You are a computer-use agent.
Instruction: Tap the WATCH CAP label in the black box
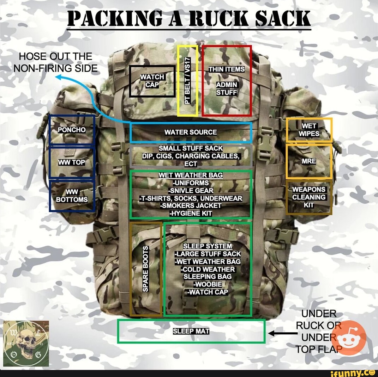[x=152, y=81]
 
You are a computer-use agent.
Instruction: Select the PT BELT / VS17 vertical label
[x=188, y=81]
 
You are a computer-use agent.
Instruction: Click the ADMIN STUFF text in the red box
[x=227, y=88]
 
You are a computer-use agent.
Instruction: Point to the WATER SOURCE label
[x=191, y=132]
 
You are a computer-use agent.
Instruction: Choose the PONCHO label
[x=72, y=130]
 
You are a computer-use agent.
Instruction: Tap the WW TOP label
[x=72, y=162]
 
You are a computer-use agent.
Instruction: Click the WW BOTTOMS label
[x=72, y=196]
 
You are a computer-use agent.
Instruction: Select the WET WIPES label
[x=309, y=130]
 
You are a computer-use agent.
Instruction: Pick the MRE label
[x=309, y=161]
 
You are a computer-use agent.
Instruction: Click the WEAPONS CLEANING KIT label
[x=309, y=197]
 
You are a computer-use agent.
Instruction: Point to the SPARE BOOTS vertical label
[x=145, y=269]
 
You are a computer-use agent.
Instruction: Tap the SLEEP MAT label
[x=191, y=332]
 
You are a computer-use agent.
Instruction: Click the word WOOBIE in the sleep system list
[x=208, y=284]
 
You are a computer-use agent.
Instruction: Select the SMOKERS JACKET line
[x=191, y=206]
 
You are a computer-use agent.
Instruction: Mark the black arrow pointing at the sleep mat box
[x=283, y=333]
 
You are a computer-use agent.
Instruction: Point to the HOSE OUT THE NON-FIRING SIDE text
[x=56, y=62]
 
